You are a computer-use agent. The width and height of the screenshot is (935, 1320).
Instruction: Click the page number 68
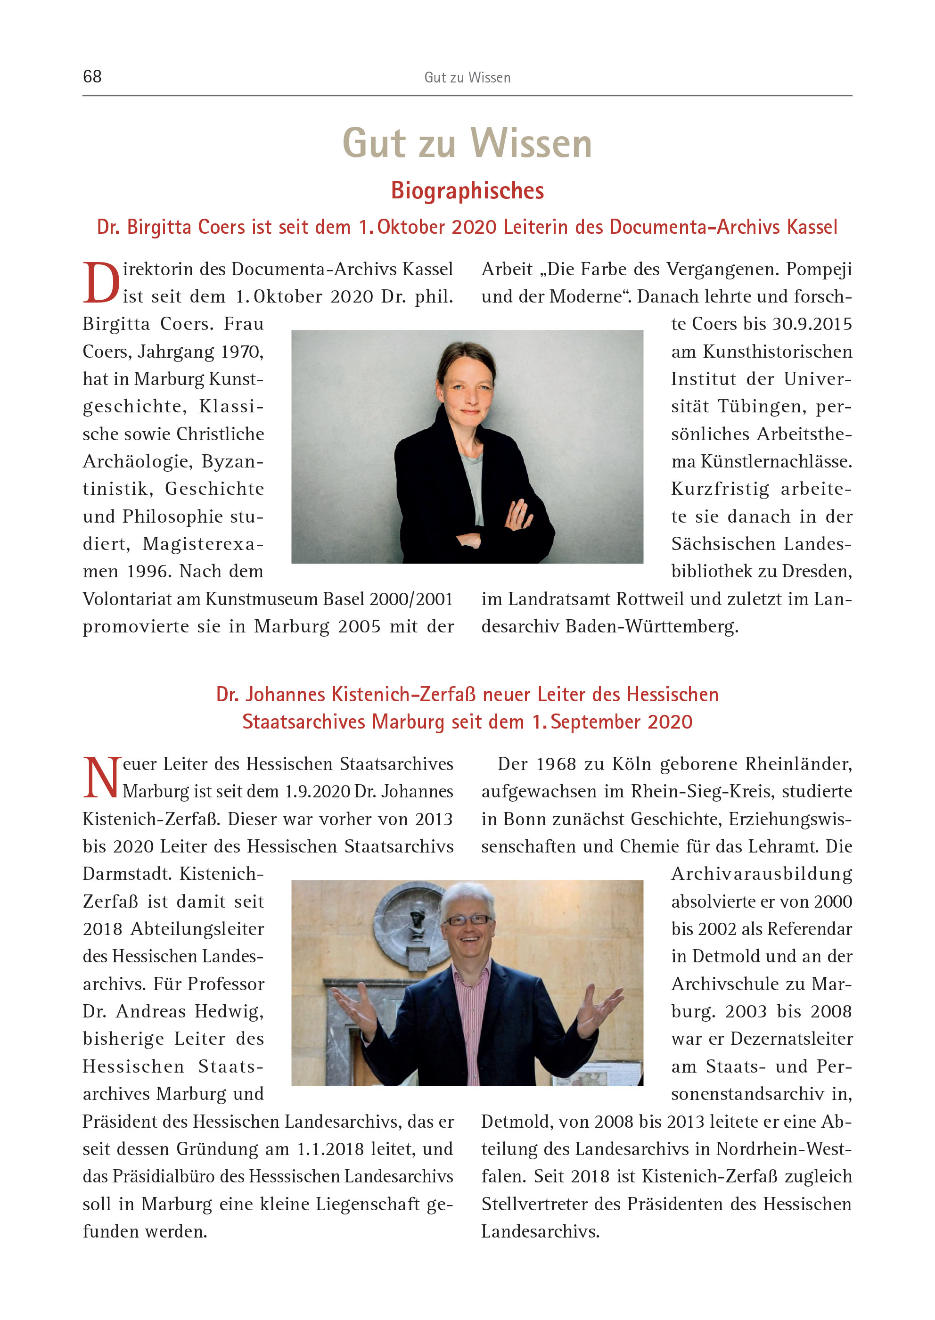[92, 76]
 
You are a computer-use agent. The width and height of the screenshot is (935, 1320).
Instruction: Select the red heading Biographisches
[467, 190]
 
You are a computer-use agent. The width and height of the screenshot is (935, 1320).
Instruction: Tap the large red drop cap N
[101, 778]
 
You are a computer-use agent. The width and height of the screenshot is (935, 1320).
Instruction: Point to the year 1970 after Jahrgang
[242, 352]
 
